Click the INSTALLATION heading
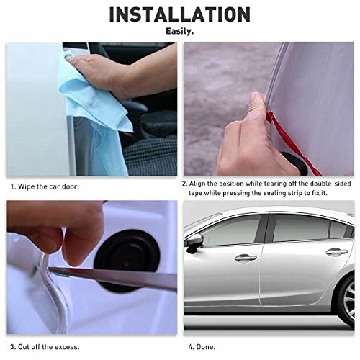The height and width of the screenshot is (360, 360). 180,14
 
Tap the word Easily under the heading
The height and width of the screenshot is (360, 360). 180,31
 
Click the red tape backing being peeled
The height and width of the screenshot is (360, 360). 293,142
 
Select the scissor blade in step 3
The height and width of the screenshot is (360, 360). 113,279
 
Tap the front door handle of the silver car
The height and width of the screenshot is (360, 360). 246,258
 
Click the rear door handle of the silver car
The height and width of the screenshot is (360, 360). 337,251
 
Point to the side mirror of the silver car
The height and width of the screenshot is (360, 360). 194,243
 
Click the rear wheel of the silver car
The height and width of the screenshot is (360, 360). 347,300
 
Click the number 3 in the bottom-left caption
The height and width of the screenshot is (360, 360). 12,347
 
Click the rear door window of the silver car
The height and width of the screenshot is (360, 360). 301,228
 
